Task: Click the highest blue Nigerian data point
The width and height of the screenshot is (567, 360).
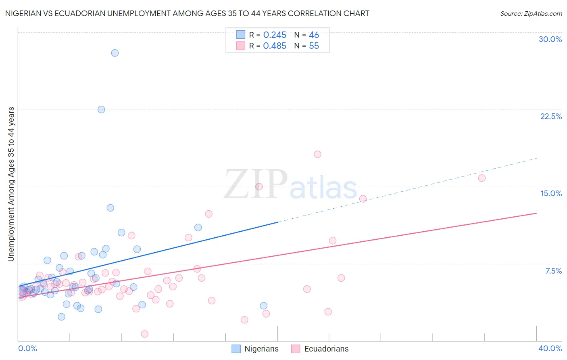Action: point(115,53)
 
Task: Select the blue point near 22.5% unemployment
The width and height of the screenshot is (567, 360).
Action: point(101,109)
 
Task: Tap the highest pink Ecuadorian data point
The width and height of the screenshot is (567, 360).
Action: point(317,154)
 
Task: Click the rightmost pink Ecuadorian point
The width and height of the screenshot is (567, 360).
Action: point(482,178)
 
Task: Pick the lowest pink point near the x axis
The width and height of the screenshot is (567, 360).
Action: point(145,334)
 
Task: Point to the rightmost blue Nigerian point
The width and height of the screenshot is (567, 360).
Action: point(264,306)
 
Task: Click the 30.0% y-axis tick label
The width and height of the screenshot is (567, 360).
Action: point(550,39)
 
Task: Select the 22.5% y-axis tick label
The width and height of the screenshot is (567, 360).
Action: point(551,116)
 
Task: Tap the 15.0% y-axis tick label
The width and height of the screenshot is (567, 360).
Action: point(551,193)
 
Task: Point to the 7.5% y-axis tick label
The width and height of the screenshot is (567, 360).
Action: point(553,271)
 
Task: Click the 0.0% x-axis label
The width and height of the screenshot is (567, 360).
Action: point(27,348)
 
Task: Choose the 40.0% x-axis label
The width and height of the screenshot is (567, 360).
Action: point(550,348)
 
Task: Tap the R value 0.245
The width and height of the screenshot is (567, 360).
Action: point(275,35)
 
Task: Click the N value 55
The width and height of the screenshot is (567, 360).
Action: point(314,46)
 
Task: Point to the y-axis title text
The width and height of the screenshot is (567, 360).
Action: point(11,184)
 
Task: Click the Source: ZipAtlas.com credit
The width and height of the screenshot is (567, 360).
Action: point(531,14)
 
